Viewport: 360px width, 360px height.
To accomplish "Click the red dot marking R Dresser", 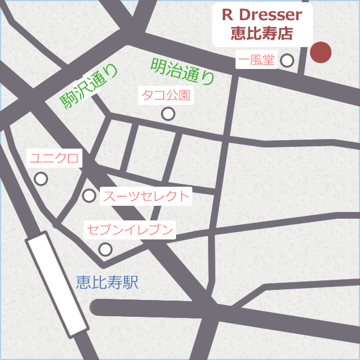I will click(x=321, y=53).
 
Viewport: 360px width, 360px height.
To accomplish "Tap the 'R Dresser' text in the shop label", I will click(x=262, y=15).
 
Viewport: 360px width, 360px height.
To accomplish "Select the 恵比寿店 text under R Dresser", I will click(x=262, y=33).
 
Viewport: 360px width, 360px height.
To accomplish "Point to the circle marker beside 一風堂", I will click(x=287, y=60).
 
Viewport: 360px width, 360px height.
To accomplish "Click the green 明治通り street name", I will click(x=183, y=71).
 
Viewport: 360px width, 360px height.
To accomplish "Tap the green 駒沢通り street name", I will click(x=90, y=86).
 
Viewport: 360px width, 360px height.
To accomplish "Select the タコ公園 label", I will click(x=165, y=95).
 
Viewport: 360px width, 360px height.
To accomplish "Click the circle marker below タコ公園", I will click(x=168, y=114).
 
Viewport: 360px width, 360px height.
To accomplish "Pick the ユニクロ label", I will click(x=54, y=159).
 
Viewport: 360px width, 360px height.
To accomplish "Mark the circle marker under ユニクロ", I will click(x=41, y=179).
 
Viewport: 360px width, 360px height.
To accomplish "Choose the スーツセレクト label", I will click(x=146, y=196).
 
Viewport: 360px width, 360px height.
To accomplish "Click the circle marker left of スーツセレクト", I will click(x=89, y=196).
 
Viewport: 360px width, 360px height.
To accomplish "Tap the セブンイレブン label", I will click(x=130, y=229).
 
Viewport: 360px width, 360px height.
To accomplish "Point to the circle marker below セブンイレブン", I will click(x=105, y=249).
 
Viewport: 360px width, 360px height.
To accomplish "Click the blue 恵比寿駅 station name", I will click(x=107, y=283).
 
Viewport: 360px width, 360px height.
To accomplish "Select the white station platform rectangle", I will click(x=57, y=284).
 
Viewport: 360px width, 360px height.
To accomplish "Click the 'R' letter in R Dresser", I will click(x=227, y=15).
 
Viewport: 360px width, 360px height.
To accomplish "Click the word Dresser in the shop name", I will click(x=270, y=15).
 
